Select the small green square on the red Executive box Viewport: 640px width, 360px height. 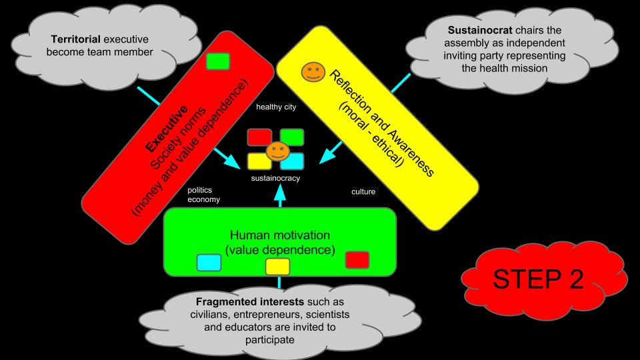click(218, 61)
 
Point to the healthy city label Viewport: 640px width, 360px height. click(276, 107)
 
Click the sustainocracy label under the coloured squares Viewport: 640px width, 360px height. click(275, 179)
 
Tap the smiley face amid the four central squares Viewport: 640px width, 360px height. click(276, 151)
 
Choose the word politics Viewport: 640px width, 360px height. click(200, 190)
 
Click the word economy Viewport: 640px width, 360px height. click(204, 199)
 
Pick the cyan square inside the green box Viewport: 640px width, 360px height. click(209, 263)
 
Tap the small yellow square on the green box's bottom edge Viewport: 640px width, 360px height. click(277, 267)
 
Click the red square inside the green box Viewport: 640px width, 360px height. click(357, 259)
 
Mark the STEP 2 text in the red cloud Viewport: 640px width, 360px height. click(538, 279)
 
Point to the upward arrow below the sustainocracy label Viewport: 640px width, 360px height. click(280, 193)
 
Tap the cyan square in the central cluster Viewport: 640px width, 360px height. click(292, 161)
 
